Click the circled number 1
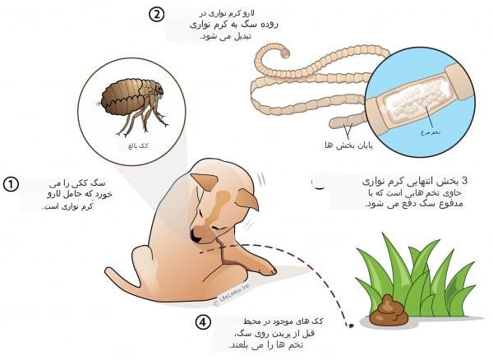tap(11, 184)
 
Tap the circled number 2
tap(157, 14)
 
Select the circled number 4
tap(203, 322)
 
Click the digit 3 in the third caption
tap(465, 180)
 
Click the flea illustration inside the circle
tap(131, 103)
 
